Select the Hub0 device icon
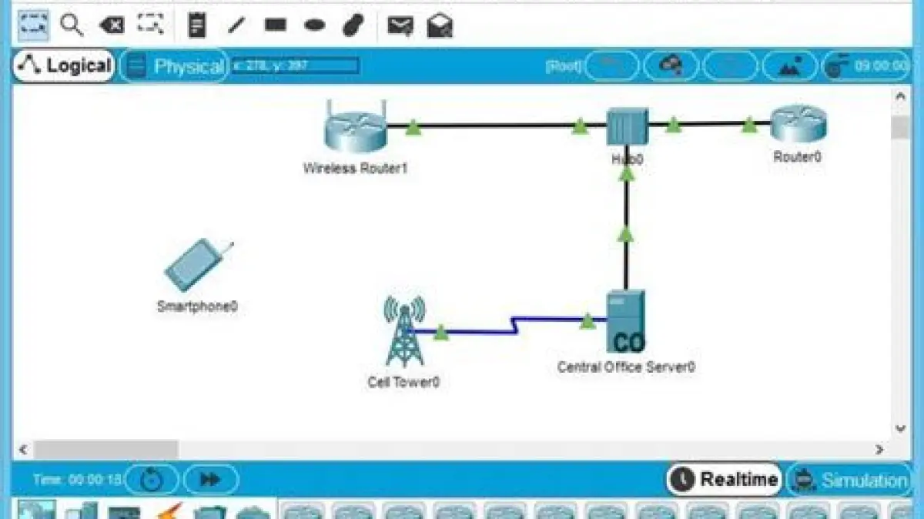click(627, 126)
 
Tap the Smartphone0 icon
click(196, 266)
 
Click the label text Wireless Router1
click(355, 168)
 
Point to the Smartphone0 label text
click(197, 306)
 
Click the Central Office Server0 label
click(626, 367)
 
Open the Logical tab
click(64, 66)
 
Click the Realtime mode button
click(725, 480)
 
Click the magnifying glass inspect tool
click(72, 25)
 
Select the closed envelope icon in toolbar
click(400, 25)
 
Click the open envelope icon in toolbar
click(440, 25)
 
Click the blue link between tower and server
click(477, 331)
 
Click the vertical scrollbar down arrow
click(900, 428)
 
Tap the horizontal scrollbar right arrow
click(879, 449)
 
